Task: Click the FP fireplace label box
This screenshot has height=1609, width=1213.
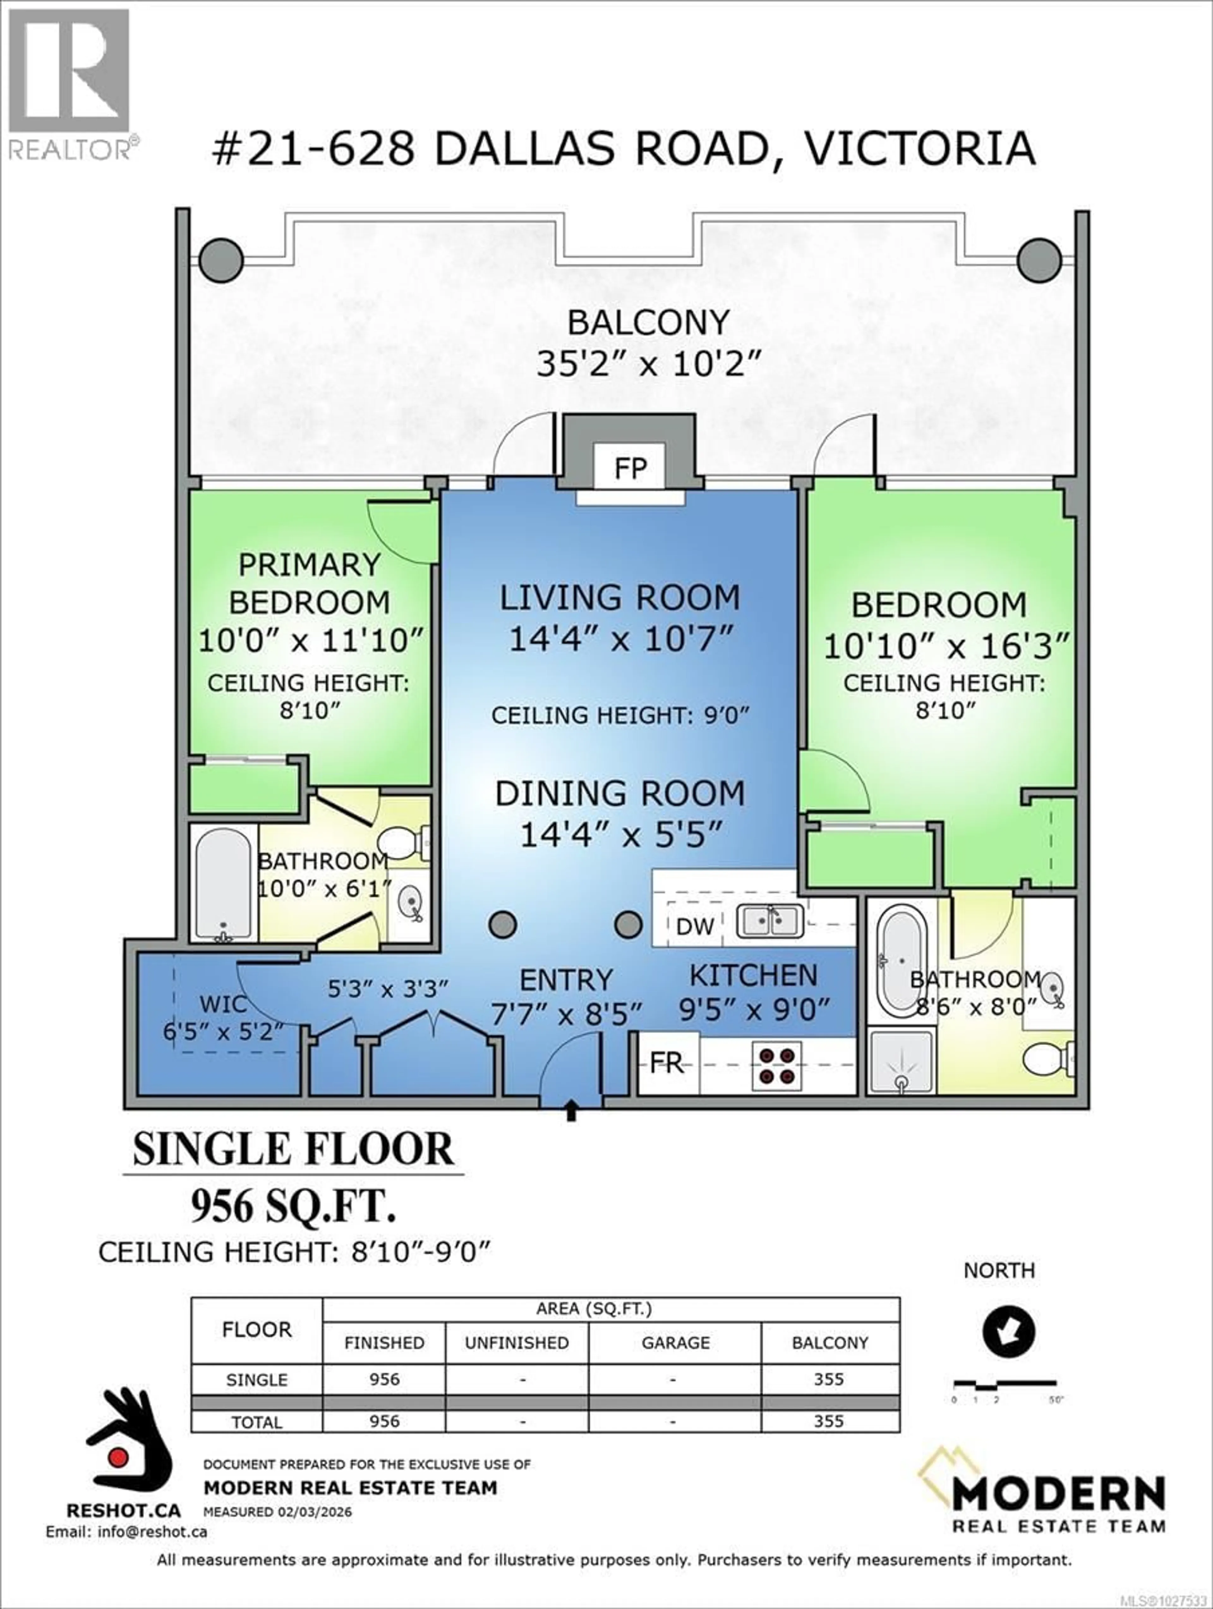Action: [630, 468]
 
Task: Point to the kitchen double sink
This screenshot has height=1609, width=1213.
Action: [770, 921]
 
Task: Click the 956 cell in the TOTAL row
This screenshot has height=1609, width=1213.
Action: [384, 1421]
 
